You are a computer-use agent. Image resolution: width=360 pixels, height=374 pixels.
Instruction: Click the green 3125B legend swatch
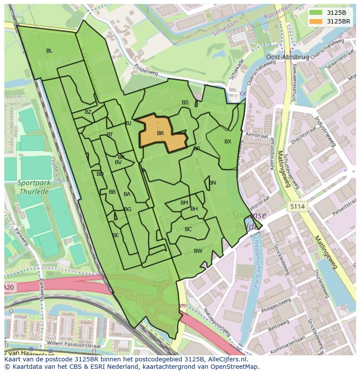click(x=316, y=13)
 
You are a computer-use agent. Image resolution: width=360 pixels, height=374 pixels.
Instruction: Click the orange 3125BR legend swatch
click(x=316, y=21)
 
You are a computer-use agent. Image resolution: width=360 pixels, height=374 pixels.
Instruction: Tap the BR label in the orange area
click(x=160, y=133)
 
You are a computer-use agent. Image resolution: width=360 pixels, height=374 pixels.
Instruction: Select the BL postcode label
click(x=49, y=51)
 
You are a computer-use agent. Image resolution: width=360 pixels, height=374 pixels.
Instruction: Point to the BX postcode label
click(x=228, y=142)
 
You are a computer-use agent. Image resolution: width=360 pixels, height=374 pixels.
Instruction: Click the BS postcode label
click(x=185, y=103)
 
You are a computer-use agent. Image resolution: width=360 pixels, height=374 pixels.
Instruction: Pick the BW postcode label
click(x=198, y=251)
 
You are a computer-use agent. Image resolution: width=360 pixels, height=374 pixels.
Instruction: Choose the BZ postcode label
click(x=88, y=112)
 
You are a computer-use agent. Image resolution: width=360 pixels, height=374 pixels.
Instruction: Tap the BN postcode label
click(x=212, y=183)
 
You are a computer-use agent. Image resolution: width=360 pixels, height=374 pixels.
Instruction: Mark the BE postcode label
click(x=115, y=235)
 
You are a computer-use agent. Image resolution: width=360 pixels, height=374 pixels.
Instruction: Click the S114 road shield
click(x=298, y=207)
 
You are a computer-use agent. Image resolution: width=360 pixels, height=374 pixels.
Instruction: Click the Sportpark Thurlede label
click(x=34, y=187)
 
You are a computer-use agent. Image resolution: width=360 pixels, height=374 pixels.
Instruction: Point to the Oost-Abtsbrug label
click(x=287, y=57)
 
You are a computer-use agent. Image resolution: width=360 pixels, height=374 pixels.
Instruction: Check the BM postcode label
click(x=184, y=203)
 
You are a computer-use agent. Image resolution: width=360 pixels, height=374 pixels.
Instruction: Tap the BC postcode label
click(x=188, y=229)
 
